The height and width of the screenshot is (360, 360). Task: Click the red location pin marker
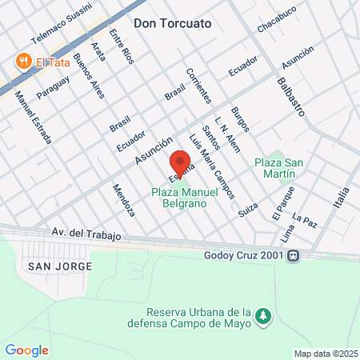180,158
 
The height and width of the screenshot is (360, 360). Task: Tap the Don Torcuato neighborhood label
173,23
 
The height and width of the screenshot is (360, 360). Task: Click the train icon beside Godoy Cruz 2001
294,256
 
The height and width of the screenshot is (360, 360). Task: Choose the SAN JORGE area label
59,265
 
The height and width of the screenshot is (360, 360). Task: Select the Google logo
26,350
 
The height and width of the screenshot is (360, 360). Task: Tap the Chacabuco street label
277,22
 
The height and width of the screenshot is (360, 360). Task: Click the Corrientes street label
198,86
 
